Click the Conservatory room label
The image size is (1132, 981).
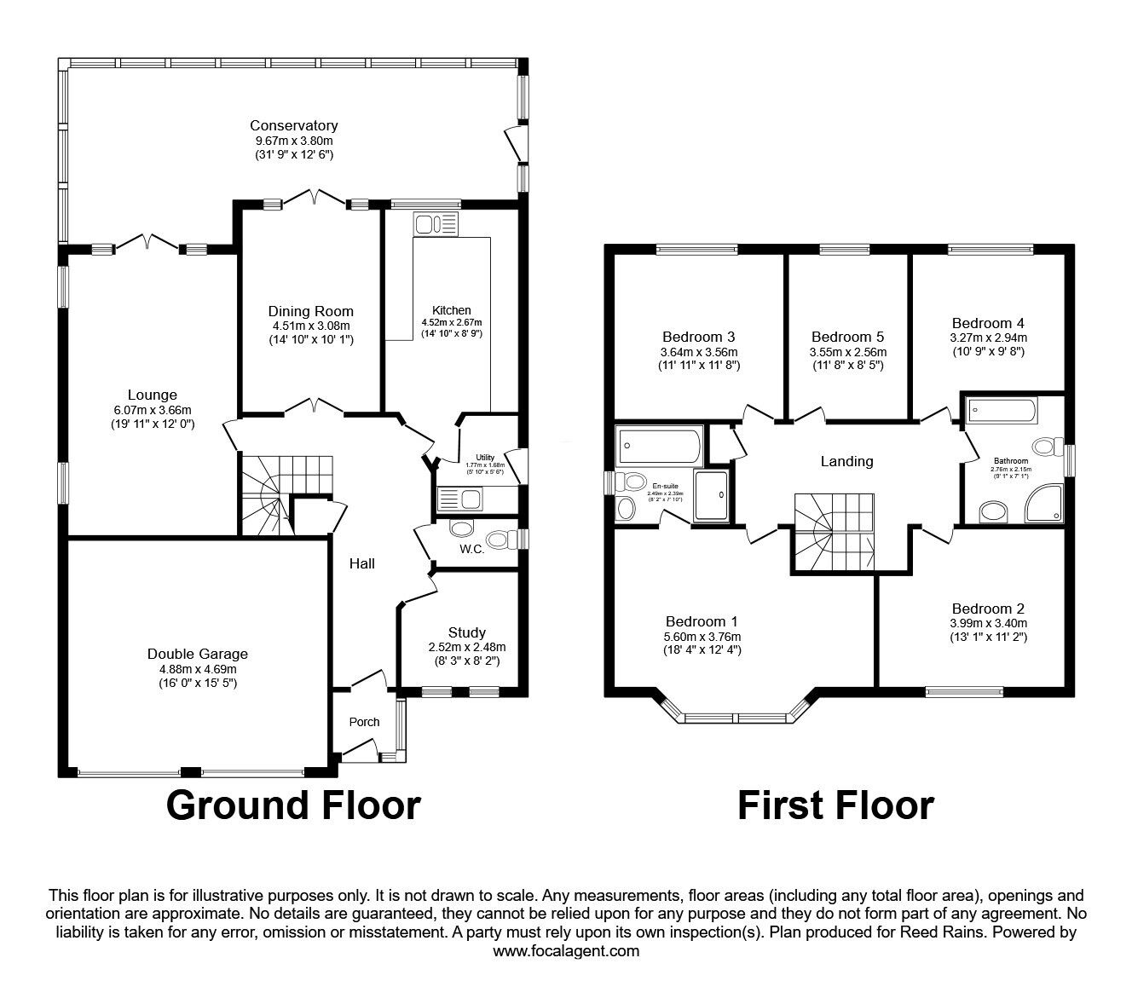tap(293, 126)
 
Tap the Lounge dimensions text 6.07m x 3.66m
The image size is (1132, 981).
tap(153, 409)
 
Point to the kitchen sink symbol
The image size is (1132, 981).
tap(435, 224)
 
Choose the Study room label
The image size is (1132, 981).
tap(466, 632)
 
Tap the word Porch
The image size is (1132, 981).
tap(364, 722)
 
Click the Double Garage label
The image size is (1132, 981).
tap(198, 654)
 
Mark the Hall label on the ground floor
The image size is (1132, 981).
tap(361, 563)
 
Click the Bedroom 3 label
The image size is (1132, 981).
tap(698, 336)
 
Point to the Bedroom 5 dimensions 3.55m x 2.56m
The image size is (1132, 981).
tap(848, 352)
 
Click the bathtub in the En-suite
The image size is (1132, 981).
tap(659, 444)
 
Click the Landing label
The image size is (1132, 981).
tap(846, 461)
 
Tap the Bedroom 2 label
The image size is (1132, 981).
tap(988, 609)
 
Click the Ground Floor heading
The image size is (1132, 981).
tap(293, 805)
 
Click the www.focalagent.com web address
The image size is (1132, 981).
tap(566, 951)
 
